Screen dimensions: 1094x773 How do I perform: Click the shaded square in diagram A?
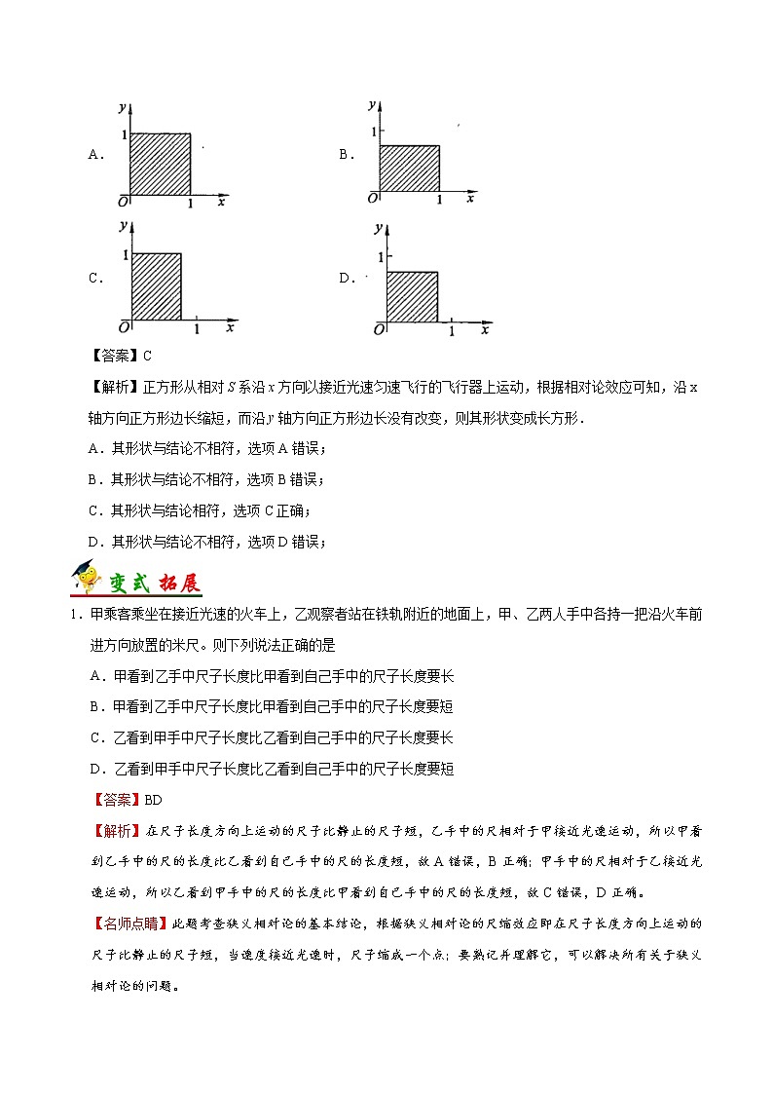tap(160, 164)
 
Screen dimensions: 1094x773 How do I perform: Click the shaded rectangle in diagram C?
tap(157, 286)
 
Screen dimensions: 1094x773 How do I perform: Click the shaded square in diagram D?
tap(412, 296)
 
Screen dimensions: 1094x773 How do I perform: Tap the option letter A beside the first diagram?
tap(95, 154)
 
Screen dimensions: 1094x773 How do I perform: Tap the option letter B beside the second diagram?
tap(345, 154)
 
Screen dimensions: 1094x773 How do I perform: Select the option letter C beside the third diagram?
tap(95, 278)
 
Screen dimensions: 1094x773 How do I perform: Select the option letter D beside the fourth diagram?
tap(345, 278)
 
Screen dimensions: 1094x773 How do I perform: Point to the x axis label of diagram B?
tap(470, 198)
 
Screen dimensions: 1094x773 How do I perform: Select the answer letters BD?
tap(153, 800)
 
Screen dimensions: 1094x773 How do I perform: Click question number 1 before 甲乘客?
tap(73, 613)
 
